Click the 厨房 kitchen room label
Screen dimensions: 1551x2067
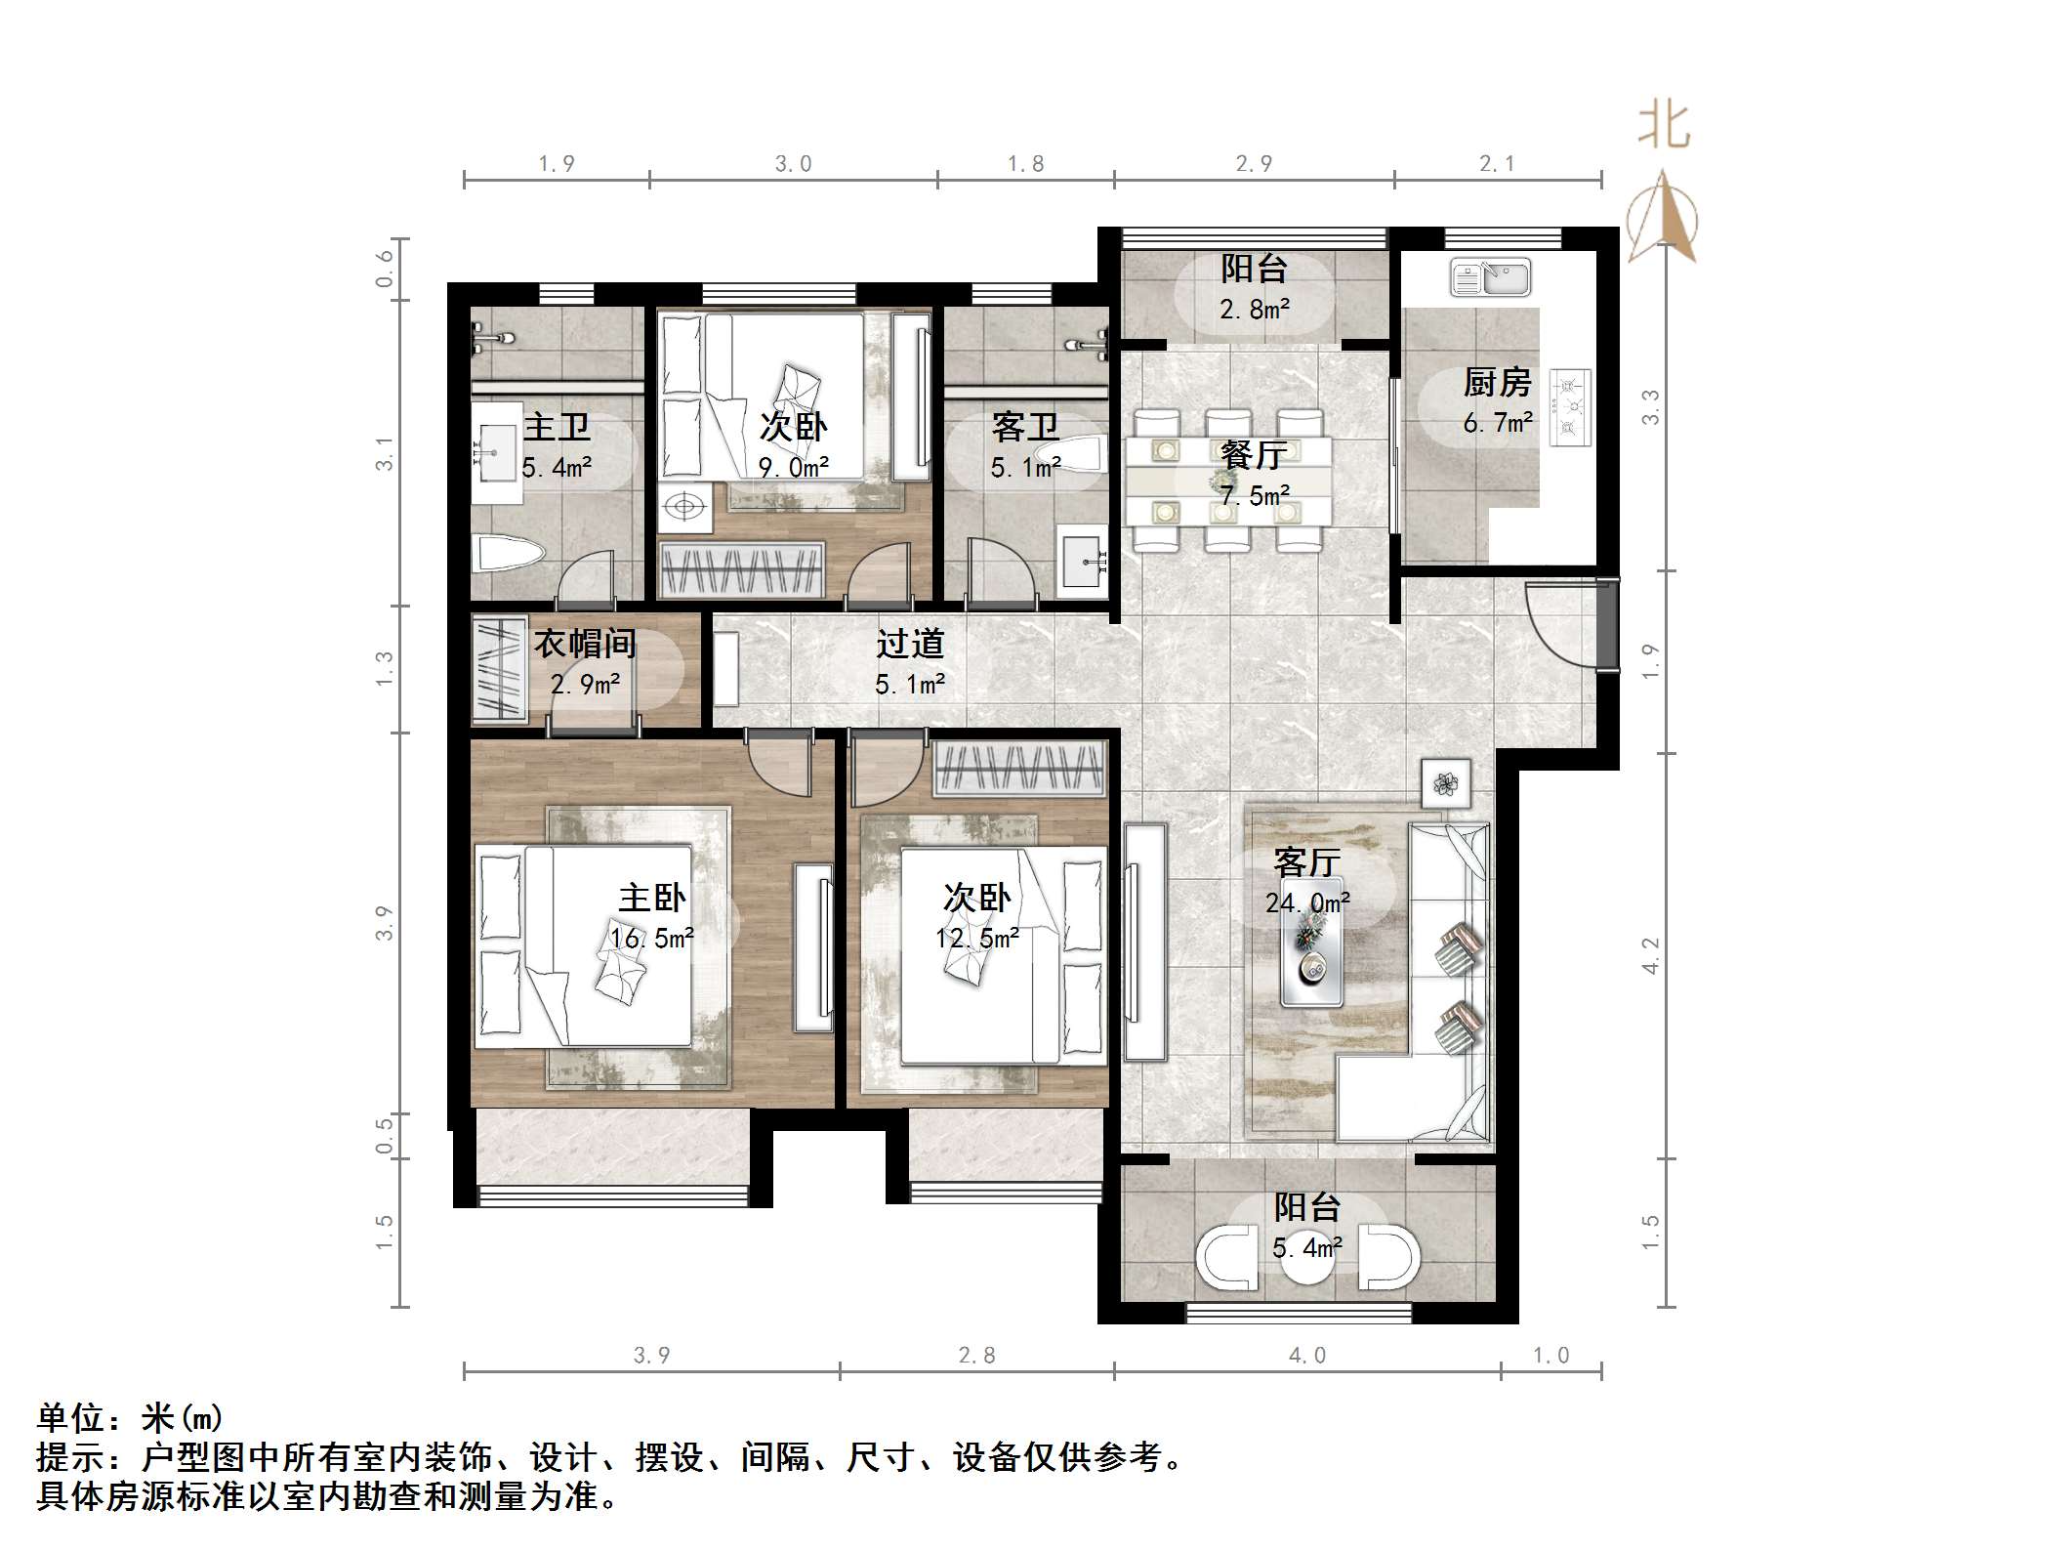(1496, 383)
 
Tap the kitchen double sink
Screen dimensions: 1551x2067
(1490, 277)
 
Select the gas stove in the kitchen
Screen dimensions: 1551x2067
(1571, 407)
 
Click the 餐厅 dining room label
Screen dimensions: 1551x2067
(1254, 455)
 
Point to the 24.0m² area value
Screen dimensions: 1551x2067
(1307, 902)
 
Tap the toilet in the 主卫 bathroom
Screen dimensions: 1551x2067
(506, 554)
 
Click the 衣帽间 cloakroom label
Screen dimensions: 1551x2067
(584, 644)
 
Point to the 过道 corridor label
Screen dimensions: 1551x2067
(910, 644)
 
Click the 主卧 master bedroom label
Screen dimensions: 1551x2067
(651, 898)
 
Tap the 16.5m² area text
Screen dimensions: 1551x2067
(651, 939)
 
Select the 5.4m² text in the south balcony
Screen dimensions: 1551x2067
(1307, 1248)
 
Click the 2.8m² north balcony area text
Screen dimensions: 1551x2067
(1255, 310)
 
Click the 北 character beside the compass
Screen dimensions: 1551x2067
(1664, 127)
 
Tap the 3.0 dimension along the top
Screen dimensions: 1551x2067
(793, 164)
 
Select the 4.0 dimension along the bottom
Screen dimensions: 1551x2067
(1307, 1356)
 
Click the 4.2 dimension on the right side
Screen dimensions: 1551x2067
(1650, 955)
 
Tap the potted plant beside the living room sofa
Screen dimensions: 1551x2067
(1445, 783)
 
